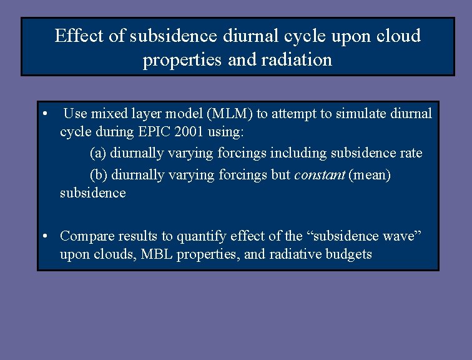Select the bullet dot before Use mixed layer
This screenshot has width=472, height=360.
[x=46, y=114]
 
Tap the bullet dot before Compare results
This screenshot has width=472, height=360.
[x=46, y=236]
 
